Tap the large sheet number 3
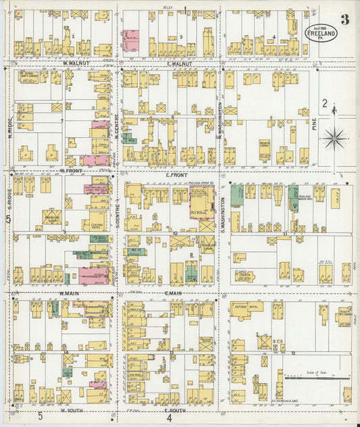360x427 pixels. point(344,19)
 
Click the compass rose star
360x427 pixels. point(334,139)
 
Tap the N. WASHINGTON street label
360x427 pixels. point(220,122)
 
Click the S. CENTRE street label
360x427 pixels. point(117,210)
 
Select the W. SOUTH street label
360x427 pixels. point(72,410)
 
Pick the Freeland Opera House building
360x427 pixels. point(202,203)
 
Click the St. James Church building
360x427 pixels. point(243,276)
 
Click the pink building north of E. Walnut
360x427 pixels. point(131,39)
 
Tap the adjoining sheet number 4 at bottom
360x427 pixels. point(170,418)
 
